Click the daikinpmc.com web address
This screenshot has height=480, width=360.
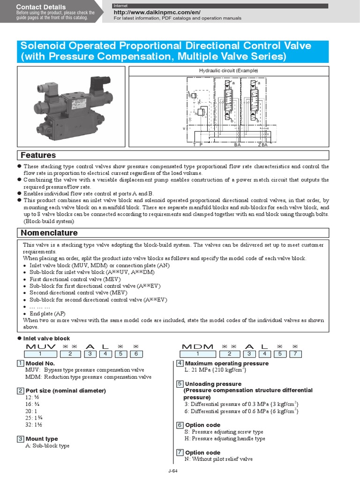point(157,12)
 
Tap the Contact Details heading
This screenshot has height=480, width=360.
point(41,7)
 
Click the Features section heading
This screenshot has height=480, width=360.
point(38,155)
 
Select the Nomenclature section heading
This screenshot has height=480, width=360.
point(49,232)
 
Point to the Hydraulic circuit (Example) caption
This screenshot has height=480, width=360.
point(229,70)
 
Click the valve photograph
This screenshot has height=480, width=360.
point(71,106)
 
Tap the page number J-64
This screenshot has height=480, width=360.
point(173,471)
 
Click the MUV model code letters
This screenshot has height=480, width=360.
point(41,346)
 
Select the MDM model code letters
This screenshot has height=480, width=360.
point(197,346)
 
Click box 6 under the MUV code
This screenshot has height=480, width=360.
point(136,354)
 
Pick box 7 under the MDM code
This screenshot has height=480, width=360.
point(295,354)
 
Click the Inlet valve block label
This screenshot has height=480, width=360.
point(46,338)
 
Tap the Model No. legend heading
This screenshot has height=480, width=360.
point(40,363)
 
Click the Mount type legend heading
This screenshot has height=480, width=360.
point(42,439)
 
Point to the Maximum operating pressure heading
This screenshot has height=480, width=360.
point(227,363)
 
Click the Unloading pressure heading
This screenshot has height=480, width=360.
point(213,384)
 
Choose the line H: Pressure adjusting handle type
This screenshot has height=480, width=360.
point(225,438)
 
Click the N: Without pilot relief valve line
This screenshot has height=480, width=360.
point(218,459)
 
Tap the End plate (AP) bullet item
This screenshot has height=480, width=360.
point(47,314)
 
